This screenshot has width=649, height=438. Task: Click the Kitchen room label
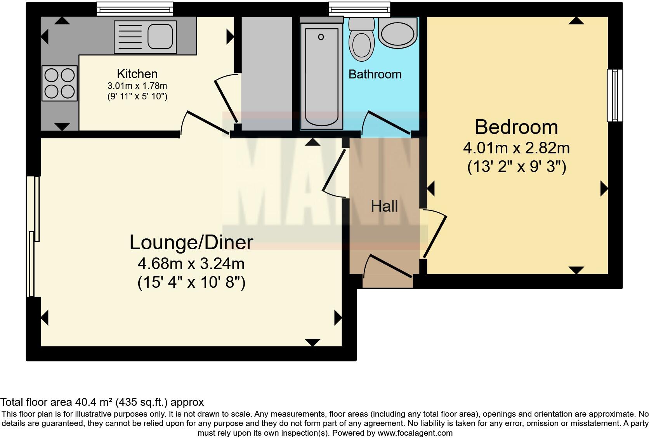pos(137,74)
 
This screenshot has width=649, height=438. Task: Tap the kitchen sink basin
pos(160,36)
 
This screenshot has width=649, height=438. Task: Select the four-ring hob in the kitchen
pos(59,83)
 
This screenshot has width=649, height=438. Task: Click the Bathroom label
pos(375,74)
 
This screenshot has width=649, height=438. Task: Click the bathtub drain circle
pos(321,37)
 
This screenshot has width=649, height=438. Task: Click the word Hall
pos(384,206)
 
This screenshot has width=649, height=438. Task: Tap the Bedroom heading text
pos(516,127)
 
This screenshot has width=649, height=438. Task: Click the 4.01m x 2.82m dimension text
pos(516,148)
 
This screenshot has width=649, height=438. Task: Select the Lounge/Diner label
pos(191,242)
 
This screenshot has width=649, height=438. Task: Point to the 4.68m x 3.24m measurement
pos(191,264)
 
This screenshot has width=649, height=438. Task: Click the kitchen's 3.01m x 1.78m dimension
pos(137,86)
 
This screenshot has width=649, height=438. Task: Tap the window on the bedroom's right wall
pos(614,95)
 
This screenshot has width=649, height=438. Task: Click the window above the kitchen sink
pos(134,8)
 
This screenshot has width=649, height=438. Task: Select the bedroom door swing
pos(434,233)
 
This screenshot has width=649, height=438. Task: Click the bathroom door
pos(386,123)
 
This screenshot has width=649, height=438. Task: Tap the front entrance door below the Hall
pos(388,266)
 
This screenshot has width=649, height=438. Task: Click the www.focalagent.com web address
pos(415,433)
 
